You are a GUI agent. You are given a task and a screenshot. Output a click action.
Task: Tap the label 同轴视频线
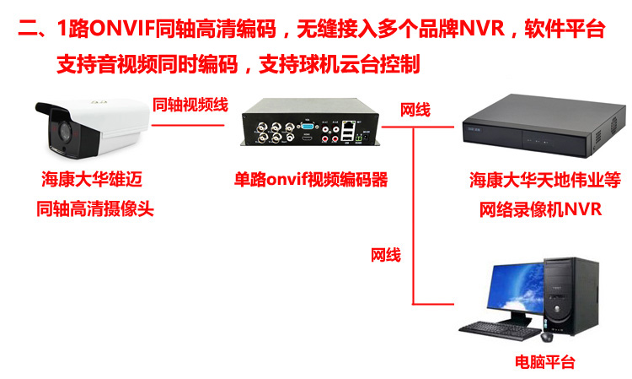coord(190,105)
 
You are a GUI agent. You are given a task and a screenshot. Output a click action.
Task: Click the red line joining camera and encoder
coord(188,125)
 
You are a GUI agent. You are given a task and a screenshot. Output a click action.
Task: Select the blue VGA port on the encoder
coord(308,126)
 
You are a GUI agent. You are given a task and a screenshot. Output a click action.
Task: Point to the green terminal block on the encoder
coord(357,138)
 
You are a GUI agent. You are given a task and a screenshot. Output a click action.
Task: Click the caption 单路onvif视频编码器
coord(311,180)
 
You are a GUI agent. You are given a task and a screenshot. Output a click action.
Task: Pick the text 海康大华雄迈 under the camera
coord(92,179)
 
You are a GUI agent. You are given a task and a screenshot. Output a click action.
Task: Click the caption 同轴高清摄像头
coord(95,208)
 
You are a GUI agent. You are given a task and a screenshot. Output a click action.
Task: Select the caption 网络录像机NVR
coord(540,209)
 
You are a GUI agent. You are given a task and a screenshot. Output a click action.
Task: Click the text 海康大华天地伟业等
coord(545,180)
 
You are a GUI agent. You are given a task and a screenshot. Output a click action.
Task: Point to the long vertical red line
coord(413,216)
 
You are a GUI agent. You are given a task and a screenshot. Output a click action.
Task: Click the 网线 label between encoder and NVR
coord(415,110)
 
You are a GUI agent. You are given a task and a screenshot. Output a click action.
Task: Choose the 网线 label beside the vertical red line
coord(386,255)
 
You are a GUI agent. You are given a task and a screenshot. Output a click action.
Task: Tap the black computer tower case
coord(570,296)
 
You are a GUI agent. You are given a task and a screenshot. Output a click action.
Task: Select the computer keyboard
coord(500,331)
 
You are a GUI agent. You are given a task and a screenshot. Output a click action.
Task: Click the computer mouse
coord(547,337)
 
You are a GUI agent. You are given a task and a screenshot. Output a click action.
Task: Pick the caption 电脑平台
coord(545,361)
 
